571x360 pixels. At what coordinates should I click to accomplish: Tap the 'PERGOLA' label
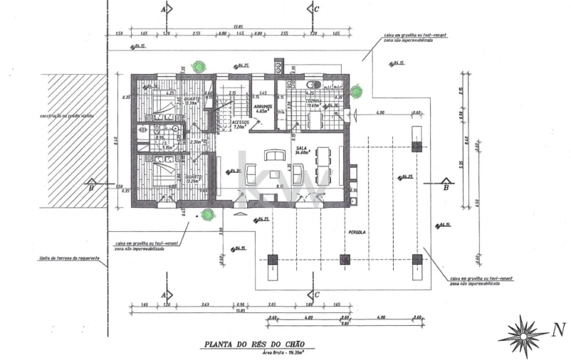[x=357, y=233]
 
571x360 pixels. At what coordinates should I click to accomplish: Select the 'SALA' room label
[x=300, y=148]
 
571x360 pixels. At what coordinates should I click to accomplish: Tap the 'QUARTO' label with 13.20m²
[x=193, y=177]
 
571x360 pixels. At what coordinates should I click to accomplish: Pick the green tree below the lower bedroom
[x=206, y=213]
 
